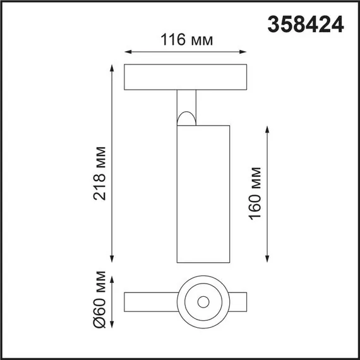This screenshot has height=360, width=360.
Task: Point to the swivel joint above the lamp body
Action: click(187, 117)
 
